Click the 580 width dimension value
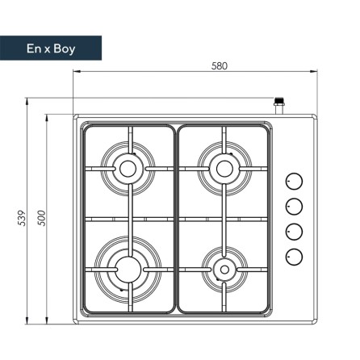pyautogui.click(x=220, y=66)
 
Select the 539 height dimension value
pyautogui.click(x=22, y=218)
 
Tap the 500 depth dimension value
pyautogui.click(x=42, y=218)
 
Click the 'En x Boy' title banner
pyautogui.click(x=51, y=48)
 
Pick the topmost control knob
pyautogui.click(x=294, y=181)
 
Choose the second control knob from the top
pyautogui.click(x=294, y=207)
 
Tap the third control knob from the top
pyautogui.click(x=294, y=232)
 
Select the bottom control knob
pyautogui.click(x=294, y=257)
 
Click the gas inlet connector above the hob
pyautogui.click(x=279, y=106)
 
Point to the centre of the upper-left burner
pyautogui.click(x=128, y=169)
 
